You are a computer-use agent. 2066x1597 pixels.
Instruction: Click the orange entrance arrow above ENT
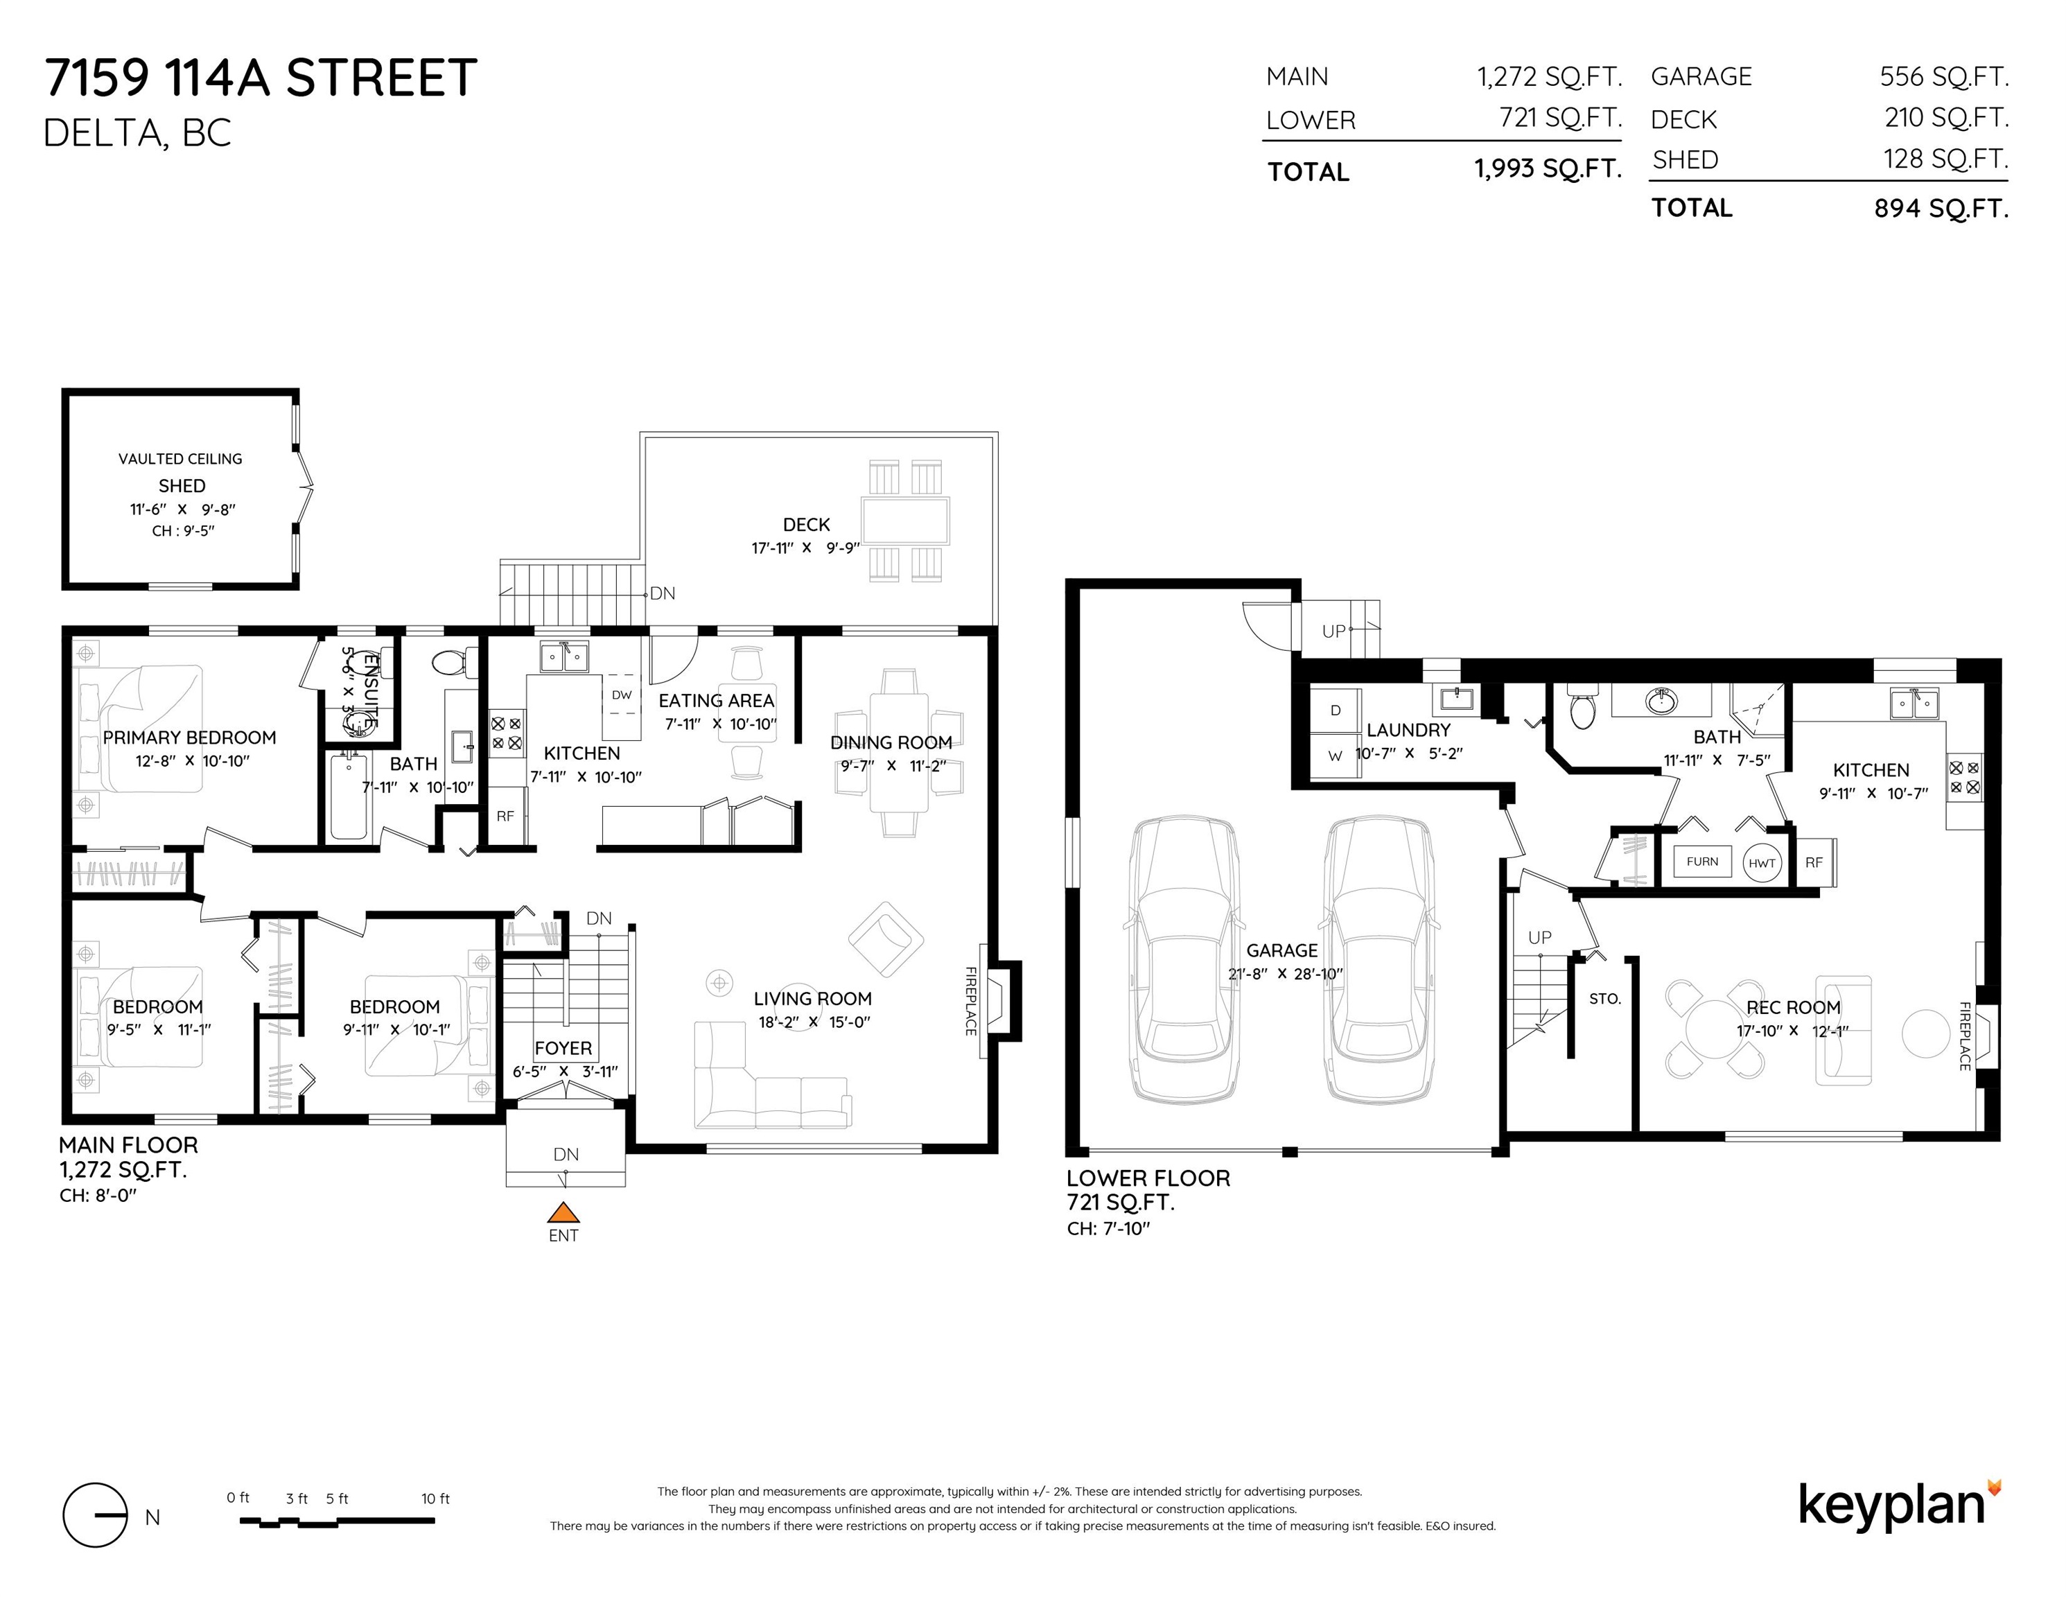click(563, 1213)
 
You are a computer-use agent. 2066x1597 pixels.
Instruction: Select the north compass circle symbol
click(94, 1515)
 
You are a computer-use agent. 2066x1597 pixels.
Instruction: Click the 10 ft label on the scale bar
click(435, 1499)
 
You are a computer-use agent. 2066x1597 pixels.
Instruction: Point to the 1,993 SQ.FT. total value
click(1548, 168)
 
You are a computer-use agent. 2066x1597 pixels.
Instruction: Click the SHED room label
click(182, 485)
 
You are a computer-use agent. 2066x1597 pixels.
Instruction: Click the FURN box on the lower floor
click(1702, 861)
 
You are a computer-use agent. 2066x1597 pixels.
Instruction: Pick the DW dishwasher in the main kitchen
click(622, 695)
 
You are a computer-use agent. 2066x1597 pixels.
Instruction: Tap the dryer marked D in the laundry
click(1335, 710)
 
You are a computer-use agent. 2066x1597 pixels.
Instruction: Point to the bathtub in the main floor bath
click(348, 796)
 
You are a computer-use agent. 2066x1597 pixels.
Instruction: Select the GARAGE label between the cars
click(1281, 950)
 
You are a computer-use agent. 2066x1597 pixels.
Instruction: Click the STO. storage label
click(1605, 998)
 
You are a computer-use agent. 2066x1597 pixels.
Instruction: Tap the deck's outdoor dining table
click(905, 521)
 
